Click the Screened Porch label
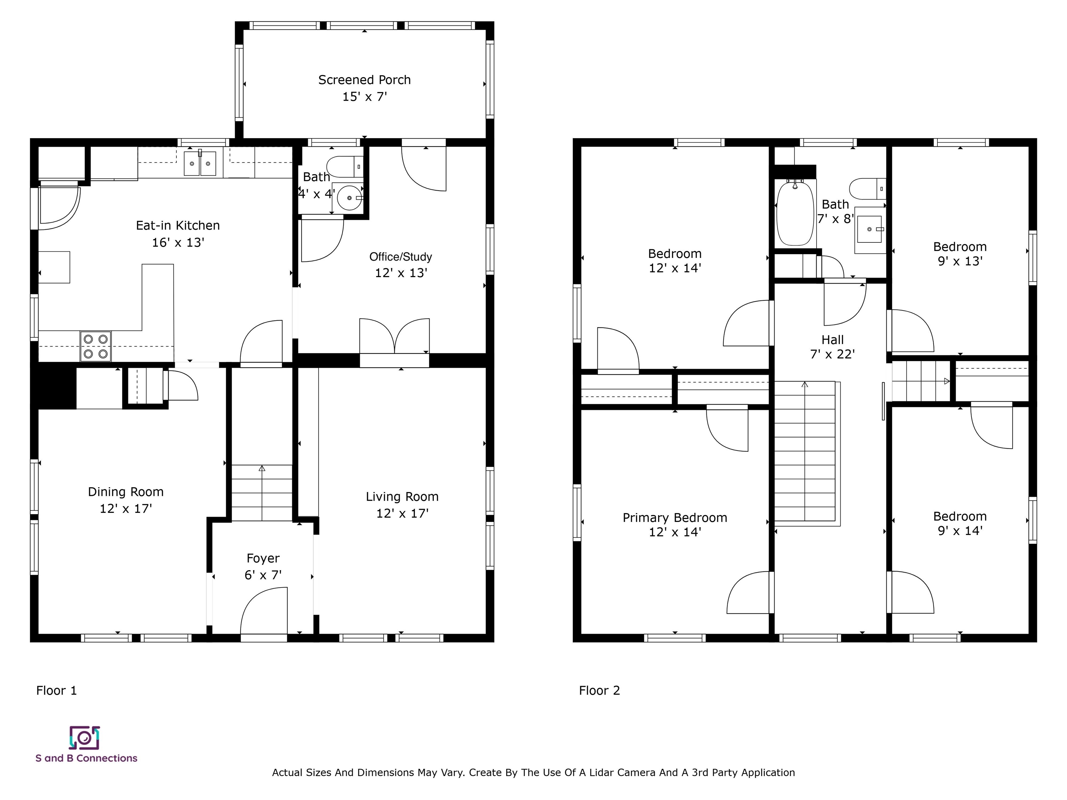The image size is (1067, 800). [x=364, y=80]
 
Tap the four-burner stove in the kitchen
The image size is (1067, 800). [x=96, y=346]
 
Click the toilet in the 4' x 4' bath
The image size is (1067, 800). [x=345, y=166]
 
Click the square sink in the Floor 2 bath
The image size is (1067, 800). [x=870, y=229]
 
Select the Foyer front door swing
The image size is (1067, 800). [x=264, y=610]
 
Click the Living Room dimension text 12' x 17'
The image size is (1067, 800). [x=402, y=514]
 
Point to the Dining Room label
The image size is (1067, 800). [x=126, y=492]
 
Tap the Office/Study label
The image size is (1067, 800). [x=401, y=257]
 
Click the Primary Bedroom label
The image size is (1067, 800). [x=675, y=518]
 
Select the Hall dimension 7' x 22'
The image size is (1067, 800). [x=833, y=355]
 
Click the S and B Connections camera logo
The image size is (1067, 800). [x=84, y=738]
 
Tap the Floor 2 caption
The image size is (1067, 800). [x=599, y=691]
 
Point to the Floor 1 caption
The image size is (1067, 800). [x=56, y=691]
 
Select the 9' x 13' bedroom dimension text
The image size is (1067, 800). [x=960, y=261]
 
